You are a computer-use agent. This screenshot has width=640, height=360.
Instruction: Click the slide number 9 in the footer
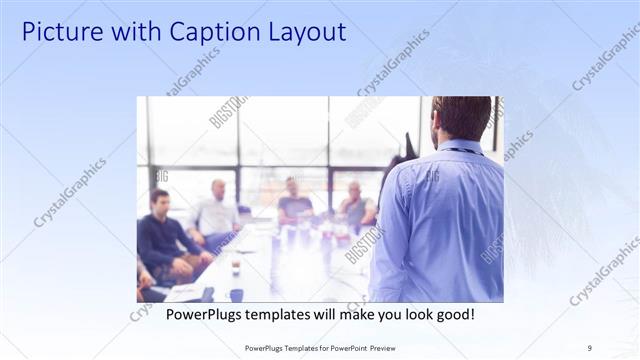pos(590,348)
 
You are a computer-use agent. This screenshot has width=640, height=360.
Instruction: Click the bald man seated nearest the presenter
pos(354,205)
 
